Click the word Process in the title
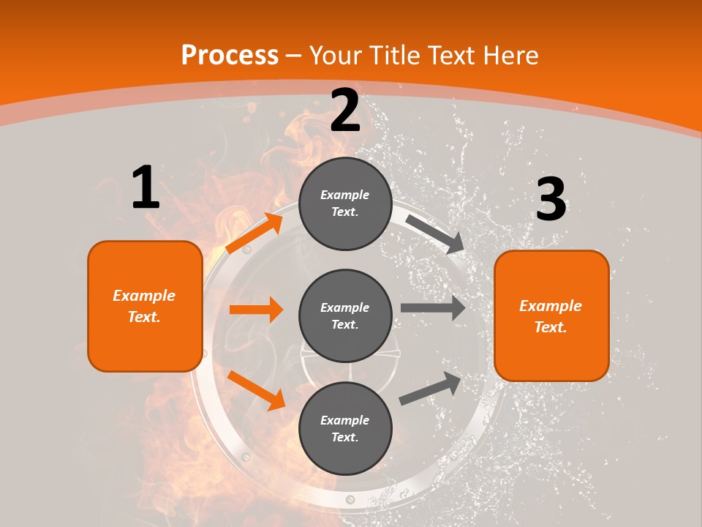tap(230, 55)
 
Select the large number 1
tap(146, 188)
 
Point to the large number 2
tap(345, 111)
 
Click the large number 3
tap(551, 200)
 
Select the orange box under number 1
tap(145, 306)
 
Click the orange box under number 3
tap(551, 315)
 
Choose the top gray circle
tap(345, 203)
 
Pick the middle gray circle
tap(345, 315)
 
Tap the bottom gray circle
tap(345, 428)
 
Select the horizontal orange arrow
tap(256, 310)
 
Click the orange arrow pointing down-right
tap(256, 390)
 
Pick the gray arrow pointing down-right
tap(435, 233)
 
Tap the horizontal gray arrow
tap(433, 307)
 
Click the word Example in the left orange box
tap(144, 296)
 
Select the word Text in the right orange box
tap(549, 327)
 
